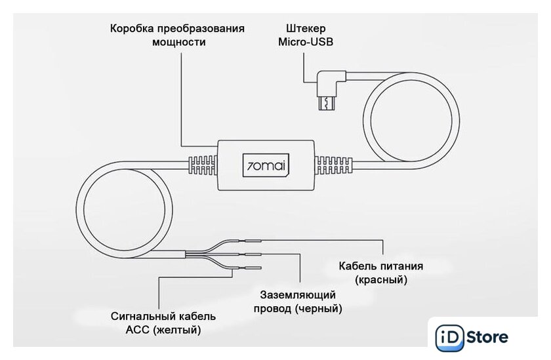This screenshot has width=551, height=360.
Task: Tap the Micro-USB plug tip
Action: pyautogui.click(x=325, y=104)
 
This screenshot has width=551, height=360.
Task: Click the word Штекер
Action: pyautogui.click(x=306, y=29)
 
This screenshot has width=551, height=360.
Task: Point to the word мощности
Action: pyautogui.click(x=178, y=43)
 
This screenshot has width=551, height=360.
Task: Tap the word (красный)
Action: pyautogui.click(x=380, y=280)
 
